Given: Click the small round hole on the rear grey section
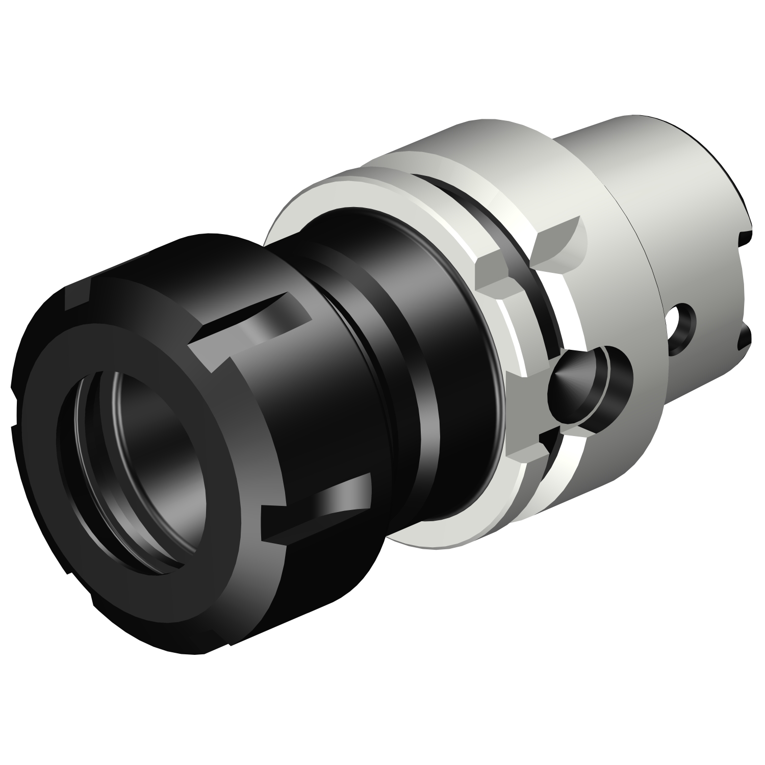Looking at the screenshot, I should pyautogui.click(x=681, y=329).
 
